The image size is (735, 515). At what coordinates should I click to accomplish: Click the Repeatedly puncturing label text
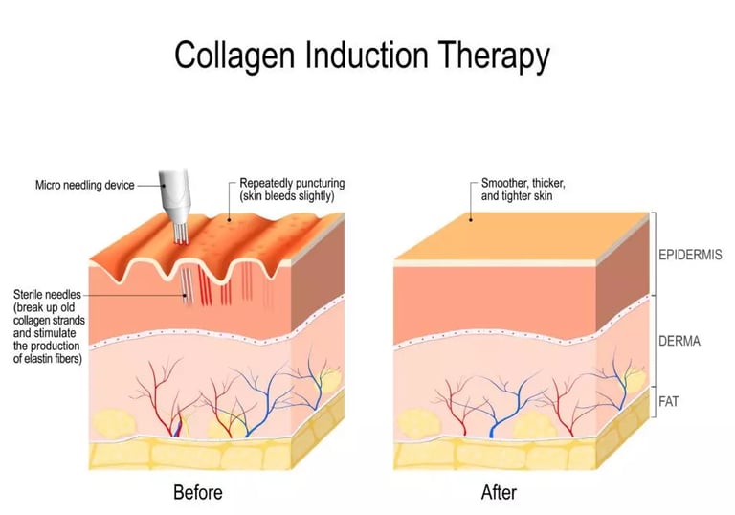292,183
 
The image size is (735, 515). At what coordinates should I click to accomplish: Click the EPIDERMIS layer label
691,256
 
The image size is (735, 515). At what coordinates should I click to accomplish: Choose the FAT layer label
668,401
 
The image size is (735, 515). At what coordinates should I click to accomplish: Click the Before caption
197,493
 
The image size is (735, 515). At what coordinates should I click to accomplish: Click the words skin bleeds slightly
293,196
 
